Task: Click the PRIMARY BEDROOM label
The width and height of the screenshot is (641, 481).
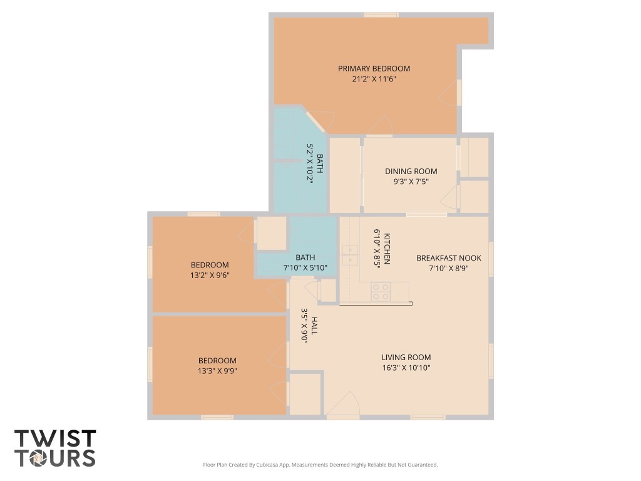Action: [x=374, y=68]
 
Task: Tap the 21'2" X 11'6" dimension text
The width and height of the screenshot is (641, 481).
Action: [x=374, y=79]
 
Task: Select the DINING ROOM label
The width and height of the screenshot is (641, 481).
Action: [x=411, y=171]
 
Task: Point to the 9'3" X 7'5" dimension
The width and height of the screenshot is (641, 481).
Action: [x=411, y=182]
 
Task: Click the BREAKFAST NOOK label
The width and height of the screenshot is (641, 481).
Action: [x=449, y=257]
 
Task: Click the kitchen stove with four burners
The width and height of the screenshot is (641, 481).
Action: [x=381, y=292]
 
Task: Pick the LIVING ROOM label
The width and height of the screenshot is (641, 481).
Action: [x=406, y=357]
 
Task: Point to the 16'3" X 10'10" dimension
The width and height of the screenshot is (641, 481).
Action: [x=406, y=368]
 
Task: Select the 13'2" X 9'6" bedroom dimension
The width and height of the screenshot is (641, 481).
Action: [x=210, y=274]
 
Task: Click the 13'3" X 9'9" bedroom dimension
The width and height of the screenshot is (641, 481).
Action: [x=217, y=370]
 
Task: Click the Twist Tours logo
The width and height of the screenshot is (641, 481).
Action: [x=55, y=448]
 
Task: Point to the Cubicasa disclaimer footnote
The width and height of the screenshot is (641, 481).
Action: [x=320, y=465]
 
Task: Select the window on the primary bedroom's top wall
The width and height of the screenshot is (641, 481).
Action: [x=381, y=14]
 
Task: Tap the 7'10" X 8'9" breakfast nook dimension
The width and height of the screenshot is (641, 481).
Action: [x=449, y=267]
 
